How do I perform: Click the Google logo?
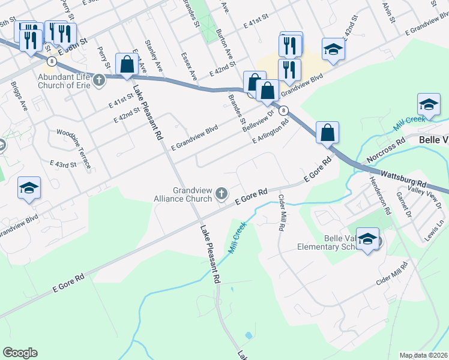pyautogui.click(x=20, y=353)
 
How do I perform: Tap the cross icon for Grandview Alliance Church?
pyautogui.click(x=222, y=193)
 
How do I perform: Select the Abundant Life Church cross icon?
pyautogui.click(x=98, y=79)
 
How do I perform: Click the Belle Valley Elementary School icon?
pyautogui.click(x=368, y=240)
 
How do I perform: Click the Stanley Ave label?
pyautogui.click(x=158, y=61)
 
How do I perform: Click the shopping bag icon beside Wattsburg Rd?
pyautogui.click(x=328, y=133)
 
